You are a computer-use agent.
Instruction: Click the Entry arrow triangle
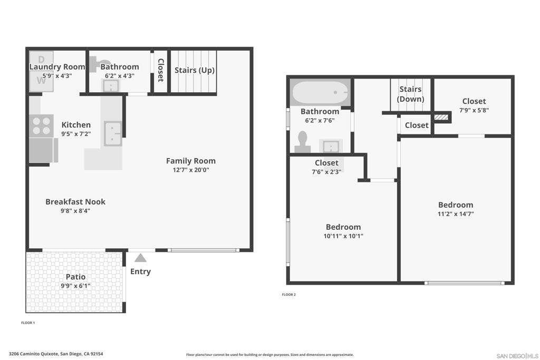click(140, 258)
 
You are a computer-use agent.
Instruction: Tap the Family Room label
click(191, 161)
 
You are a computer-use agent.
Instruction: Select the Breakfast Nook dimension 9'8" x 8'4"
click(75, 211)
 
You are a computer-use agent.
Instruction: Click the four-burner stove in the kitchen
click(41, 126)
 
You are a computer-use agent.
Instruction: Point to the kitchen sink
click(113, 133)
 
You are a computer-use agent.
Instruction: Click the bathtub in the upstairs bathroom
click(320, 92)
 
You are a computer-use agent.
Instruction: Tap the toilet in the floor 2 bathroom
click(303, 142)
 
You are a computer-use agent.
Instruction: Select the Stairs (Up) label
click(195, 70)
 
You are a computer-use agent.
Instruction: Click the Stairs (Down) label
click(410, 94)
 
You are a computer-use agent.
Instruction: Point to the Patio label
click(76, 277)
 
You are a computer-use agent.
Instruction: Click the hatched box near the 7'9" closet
click(441, 117)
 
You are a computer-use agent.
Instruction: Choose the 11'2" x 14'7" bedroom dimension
click(456, 213)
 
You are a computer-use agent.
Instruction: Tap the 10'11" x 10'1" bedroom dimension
click(343, 236)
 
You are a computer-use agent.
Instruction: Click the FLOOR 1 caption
click(28, 323)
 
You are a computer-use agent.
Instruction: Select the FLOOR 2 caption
click(288, 295)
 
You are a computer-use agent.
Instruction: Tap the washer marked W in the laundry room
click(41, 81)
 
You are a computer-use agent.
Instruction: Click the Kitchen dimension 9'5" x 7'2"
click(76, 134)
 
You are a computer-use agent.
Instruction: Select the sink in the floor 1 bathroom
click(111, 86)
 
